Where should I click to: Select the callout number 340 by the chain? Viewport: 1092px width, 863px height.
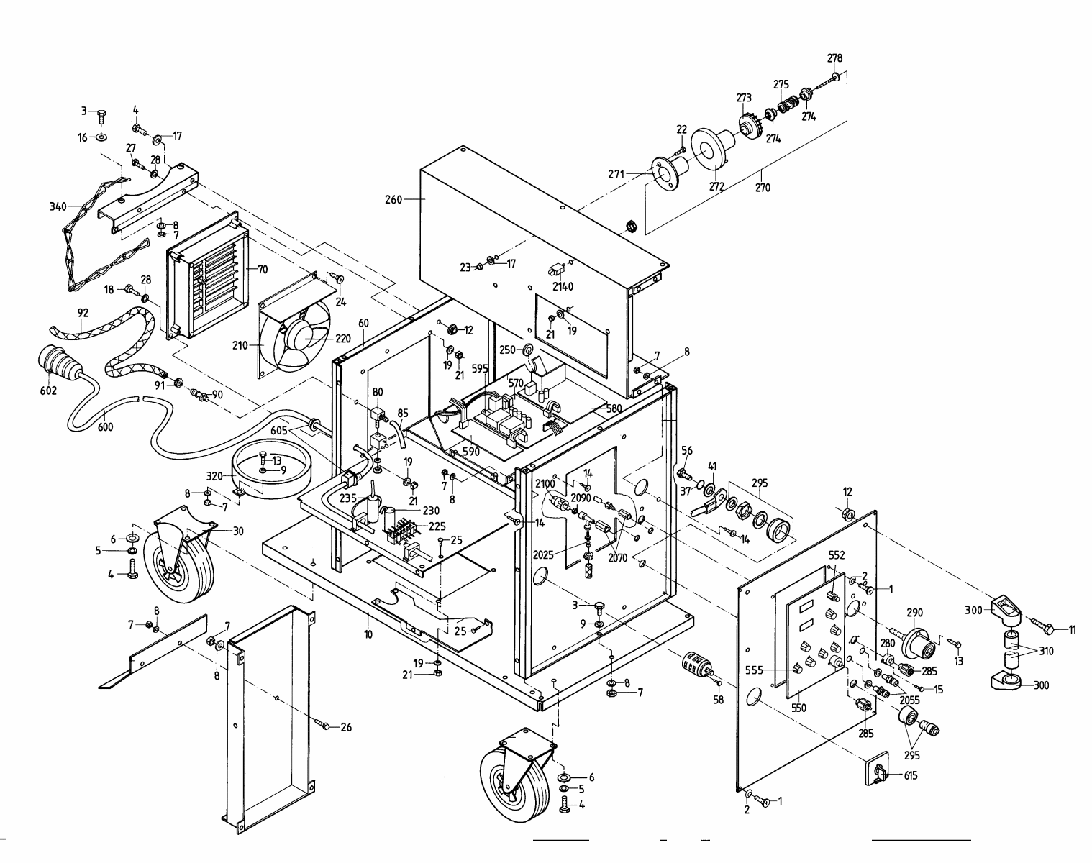click(x=58, y=206)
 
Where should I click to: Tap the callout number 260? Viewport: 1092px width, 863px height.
click(x=394, y=199)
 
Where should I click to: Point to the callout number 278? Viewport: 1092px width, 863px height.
click(x=834, y=58)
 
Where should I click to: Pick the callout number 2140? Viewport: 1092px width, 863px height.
click(x=563, y=286)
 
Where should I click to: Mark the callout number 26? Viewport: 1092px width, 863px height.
click(x=346, y=727)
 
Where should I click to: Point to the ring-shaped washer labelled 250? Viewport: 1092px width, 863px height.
click(x=526, y=350)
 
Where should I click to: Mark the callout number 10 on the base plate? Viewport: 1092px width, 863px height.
click(x=368, y=634)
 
